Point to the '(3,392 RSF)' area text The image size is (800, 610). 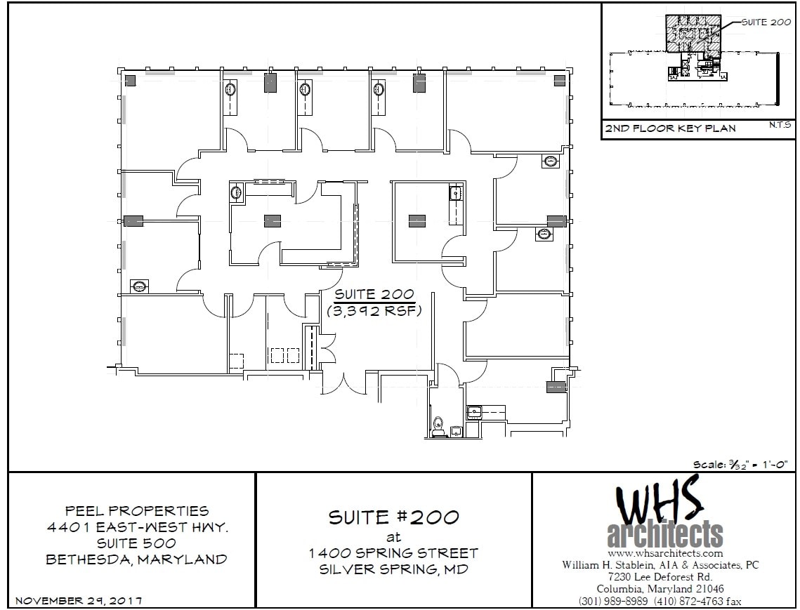[374, 310]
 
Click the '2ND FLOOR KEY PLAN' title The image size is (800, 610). [671, 128]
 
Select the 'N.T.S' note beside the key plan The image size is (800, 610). [779, 125]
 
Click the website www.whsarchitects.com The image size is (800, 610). [660, 553]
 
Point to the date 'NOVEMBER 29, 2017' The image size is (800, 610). [79, 601]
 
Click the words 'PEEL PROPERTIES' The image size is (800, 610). [137, 511]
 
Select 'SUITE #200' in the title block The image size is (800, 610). [393, 518]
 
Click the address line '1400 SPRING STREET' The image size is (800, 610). [393, 553]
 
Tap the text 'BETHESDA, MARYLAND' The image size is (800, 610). [137, 559]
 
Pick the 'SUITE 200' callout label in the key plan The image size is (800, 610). [766, 22]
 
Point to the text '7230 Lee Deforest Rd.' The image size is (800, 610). [660, 577]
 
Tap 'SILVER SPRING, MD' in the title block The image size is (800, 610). [393, 569]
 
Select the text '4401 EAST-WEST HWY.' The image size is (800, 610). [137, 527]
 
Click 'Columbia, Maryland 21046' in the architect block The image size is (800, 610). [660, 589]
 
